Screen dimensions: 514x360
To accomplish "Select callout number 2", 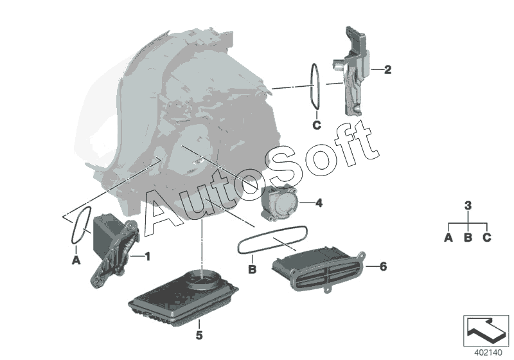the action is tap(387, 69).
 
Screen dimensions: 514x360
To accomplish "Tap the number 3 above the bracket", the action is tap(468, 206).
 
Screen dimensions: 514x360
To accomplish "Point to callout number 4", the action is tap(319, 203).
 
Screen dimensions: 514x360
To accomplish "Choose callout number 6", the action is tap(384, 265).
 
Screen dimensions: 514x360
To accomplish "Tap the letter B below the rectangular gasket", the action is tap(253, 269).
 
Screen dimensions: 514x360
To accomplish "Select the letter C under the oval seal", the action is tap(316, 125).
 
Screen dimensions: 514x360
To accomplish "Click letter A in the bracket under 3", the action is tap(448, 237).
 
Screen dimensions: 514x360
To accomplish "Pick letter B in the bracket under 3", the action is tap(468, 237).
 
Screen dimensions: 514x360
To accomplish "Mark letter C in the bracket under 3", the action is tap(488, 237).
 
